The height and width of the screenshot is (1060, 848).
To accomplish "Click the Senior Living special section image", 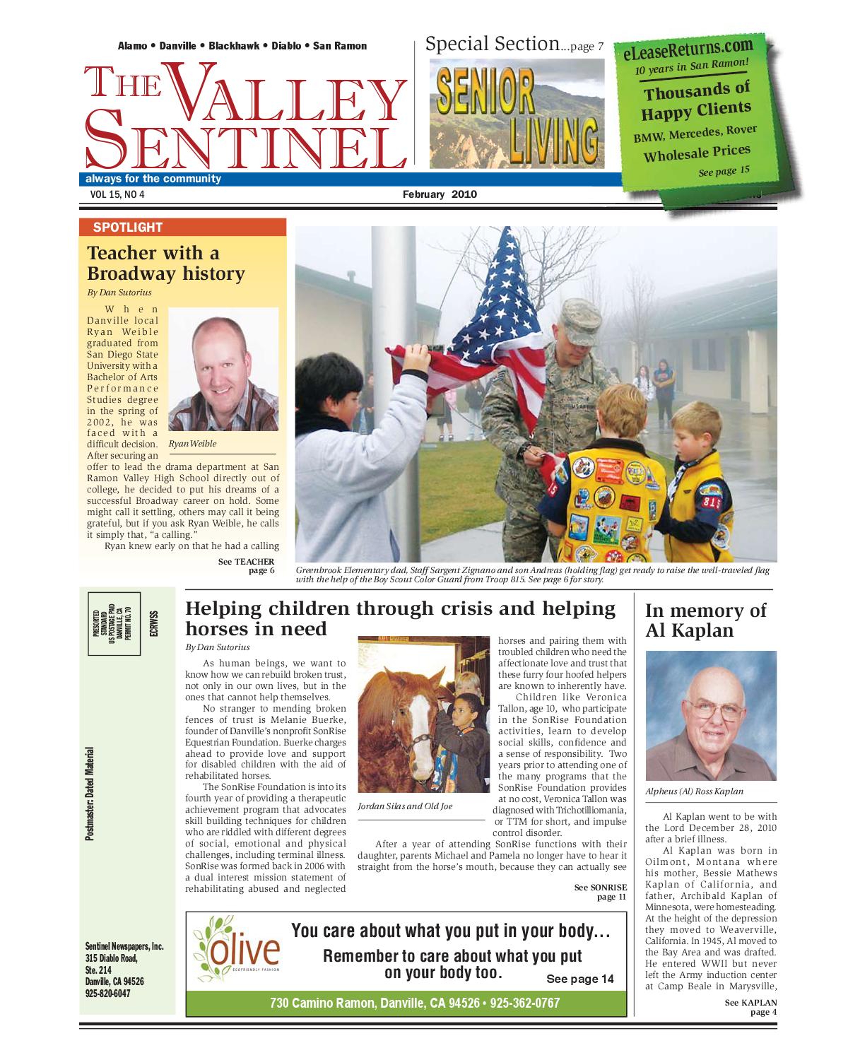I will pyautogui.click(x=517, y=113).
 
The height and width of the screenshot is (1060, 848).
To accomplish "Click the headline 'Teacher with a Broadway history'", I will pyautogui.click(x=166, y=263).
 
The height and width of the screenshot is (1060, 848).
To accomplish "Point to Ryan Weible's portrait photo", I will pyautogui.click(x=223, y=370).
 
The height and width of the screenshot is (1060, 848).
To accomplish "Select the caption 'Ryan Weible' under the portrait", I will pyautogui.click(x=193, y=444).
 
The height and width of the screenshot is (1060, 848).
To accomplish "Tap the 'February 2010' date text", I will pyautogui.click(x=440, y=194).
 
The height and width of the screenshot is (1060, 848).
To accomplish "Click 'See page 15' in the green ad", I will pyautogui.click(x=724, y=171).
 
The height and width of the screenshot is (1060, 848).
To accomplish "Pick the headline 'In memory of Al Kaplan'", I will pyautogui.click(x=705, y=620).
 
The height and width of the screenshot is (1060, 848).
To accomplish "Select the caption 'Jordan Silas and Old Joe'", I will pyautogui.click(x=405, y=806).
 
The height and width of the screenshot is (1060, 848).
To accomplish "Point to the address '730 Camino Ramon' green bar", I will pyautogui.click(x=406, y=1003).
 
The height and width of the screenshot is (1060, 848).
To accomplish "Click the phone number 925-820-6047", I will pyautogui.click(x=107, y=993).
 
